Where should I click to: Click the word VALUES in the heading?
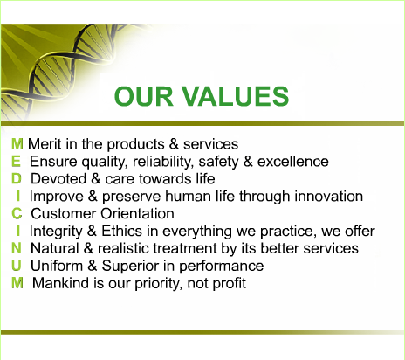(235, 96)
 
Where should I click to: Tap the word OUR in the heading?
(144, 96)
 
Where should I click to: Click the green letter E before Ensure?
(17, 162)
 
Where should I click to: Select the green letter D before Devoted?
(17, 178)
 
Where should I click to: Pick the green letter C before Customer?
(17, 213)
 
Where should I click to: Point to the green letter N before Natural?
(17, 248)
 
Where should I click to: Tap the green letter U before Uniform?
(17, 266)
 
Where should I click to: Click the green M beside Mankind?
(17, 283)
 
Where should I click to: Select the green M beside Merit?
(17, 144)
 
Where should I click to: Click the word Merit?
(45, 144)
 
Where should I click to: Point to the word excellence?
(293, 162)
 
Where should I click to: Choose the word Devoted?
(58, 179)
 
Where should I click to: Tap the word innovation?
(329, 197)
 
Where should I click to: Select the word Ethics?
(121, 231)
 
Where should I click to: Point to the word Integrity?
(56, 232)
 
